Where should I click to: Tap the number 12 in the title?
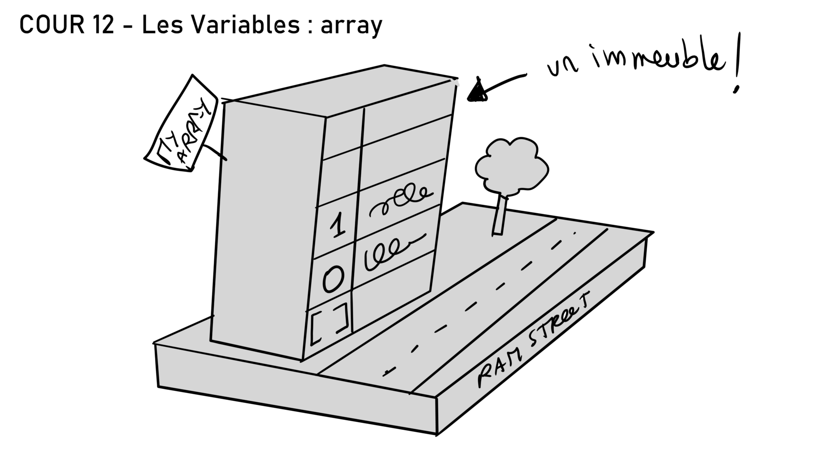[103, 25]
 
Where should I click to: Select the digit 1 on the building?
[337, 226]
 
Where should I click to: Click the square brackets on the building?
[329, 323]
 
